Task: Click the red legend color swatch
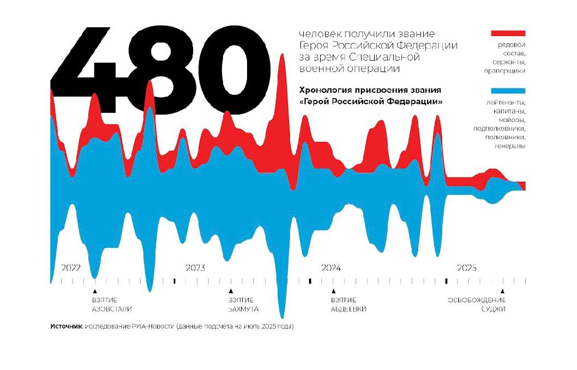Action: (x=508, y=33)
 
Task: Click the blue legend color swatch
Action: (x=508, y=91)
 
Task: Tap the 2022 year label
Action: (x=71, y=268)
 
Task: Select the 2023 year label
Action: (x=195, y=268)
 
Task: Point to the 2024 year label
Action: (x=331, y=268)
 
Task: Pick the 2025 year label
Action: (x=467, y=268)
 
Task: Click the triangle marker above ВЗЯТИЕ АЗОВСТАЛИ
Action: (x=95, y=291)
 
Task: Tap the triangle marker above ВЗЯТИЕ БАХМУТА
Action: (x=231, y=291)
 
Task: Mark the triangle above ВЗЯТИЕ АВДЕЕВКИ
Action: (x=334, y=291)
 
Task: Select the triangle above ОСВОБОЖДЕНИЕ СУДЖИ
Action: (x=503, y=291)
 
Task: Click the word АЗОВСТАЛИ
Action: (x=111, y=309)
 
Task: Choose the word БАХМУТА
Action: (x=243, y=309)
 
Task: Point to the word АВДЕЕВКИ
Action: (x=348, y=309)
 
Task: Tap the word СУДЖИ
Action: (x=493, y=309)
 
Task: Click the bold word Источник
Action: (x=66, y=326)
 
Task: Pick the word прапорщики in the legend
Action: (x=504, y=70)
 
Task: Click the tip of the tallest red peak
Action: (x=282, y=54)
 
